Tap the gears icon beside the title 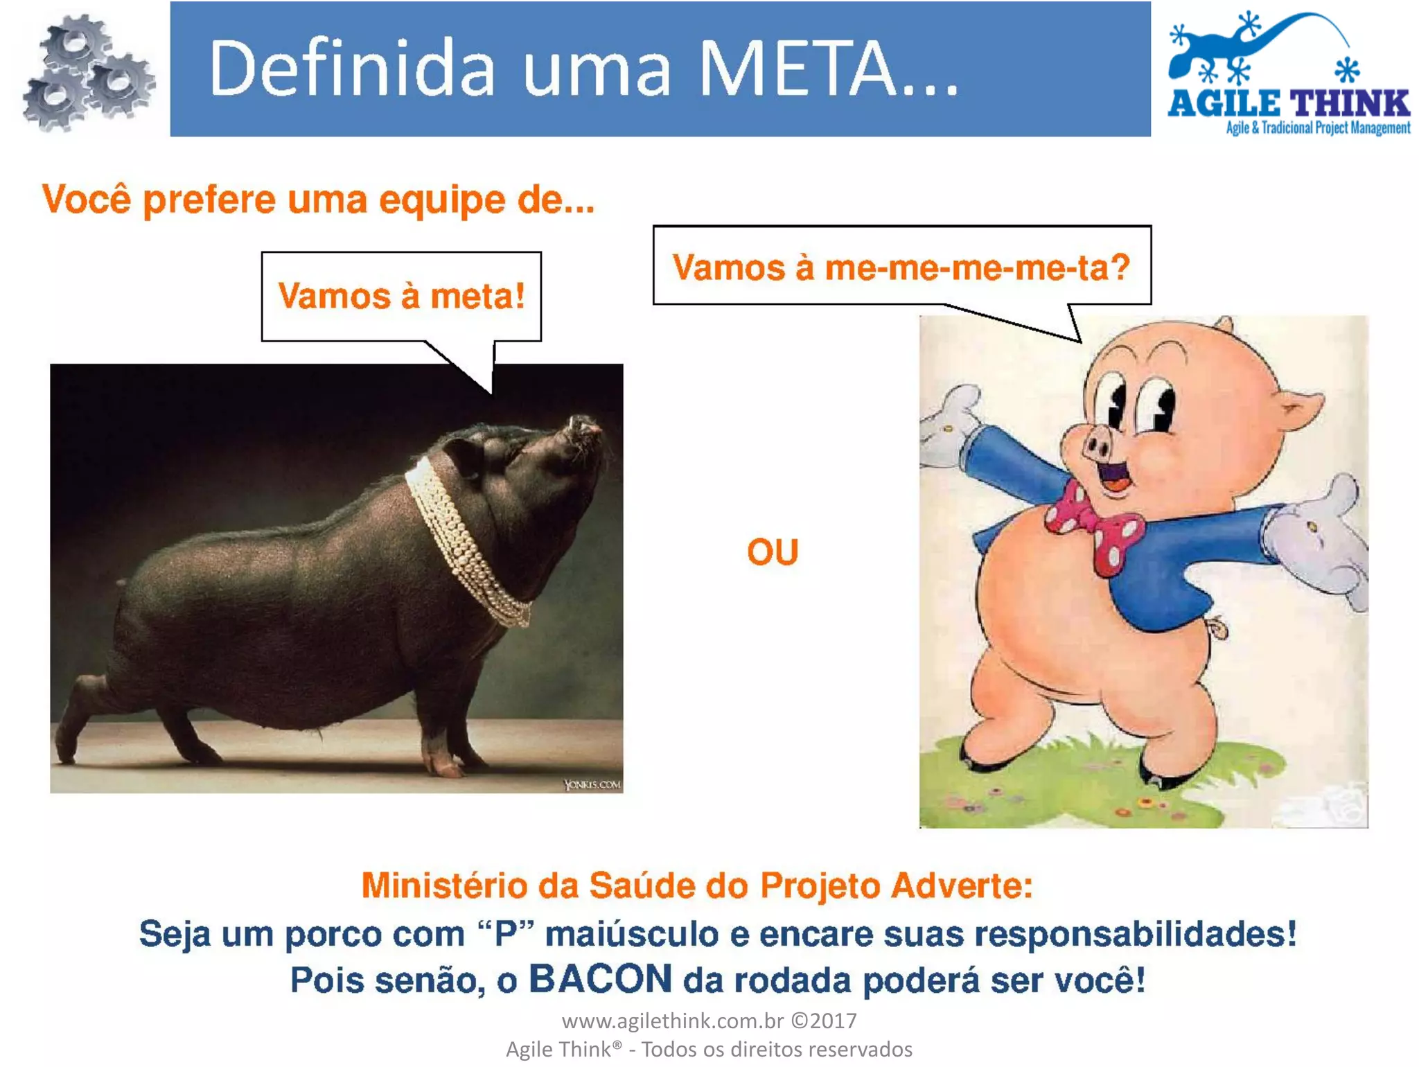[87, 73]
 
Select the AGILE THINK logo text [1289, 104]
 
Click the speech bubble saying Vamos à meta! [401, 297]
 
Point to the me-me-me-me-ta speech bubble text [901, 267]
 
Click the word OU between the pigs [773, 552]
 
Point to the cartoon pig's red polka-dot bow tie [1095, 527]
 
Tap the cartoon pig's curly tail [1217, 627]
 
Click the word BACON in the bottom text [600, 978]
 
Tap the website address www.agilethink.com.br [672, 1021]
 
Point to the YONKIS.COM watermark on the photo [592, 784]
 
